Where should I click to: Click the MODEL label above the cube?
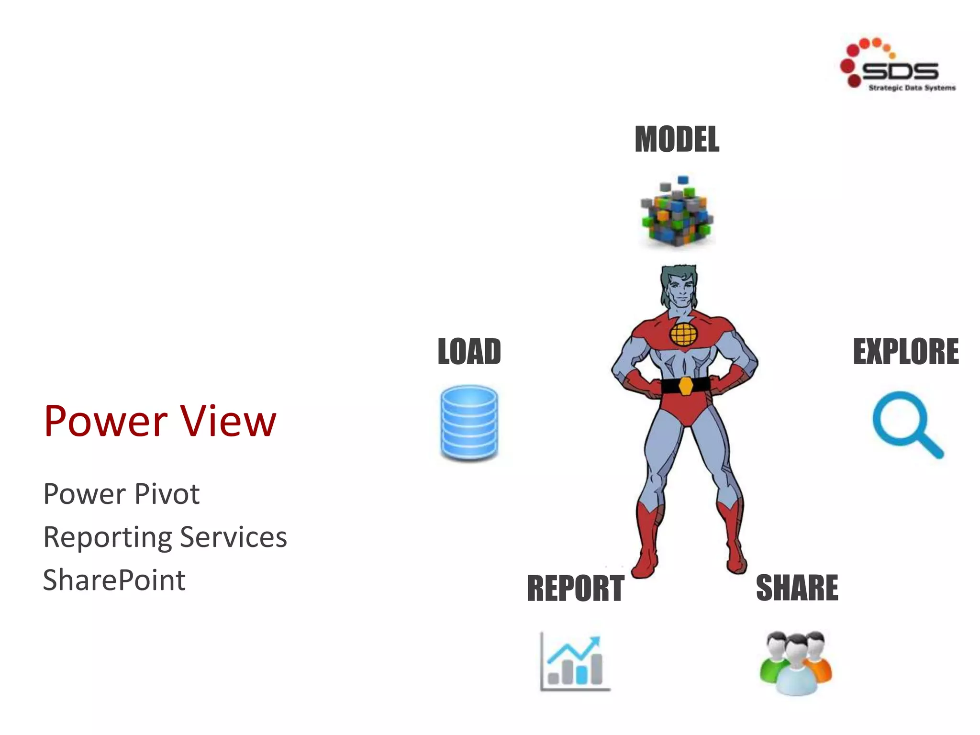pyautogui.click(x=677, y=140)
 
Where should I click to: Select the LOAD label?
pyautogui.click(x=469, y=352)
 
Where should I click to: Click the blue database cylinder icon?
pyautogui.click(x=469, y=423)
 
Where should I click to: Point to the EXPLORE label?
pyautogui.click(x=905, y=352)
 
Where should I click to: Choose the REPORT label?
pyautogui.click(x=575, y=589)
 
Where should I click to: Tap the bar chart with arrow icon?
pyautogui.click(x=574, y=662)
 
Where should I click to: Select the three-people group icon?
pyautogui.click(x=796, y=663)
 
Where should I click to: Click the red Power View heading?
pyautogui.click(x=160, y=421)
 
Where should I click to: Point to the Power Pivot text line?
pyautogui.click(x=121, y=494)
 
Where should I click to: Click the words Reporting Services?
pyautogui.click(x=165, y=537)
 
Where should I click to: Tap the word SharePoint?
pyautogui.click(x=114, y=580)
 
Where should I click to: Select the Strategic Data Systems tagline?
pyautogui.click(x=912, y=88)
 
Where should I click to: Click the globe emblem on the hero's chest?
pyautogui.click(x=683, y=334)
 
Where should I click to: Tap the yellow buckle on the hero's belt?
pyautogui.click(x=686, y=386)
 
